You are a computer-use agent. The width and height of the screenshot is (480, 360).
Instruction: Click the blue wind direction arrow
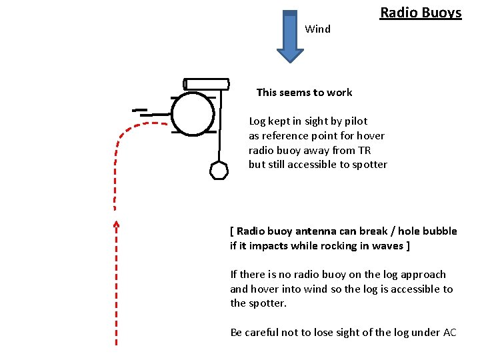(x=290, y=37)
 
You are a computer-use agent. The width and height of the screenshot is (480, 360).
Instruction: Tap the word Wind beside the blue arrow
(x=317, y=29)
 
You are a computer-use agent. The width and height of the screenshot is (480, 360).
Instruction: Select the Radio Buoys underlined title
(x=421, y=13)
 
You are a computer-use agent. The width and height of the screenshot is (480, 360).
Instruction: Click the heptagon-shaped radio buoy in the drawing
(x=219, y=171)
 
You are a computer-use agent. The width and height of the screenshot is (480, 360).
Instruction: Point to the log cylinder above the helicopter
(x=206, y=83)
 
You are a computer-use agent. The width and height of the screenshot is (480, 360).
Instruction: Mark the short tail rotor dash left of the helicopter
(x=140, y=109)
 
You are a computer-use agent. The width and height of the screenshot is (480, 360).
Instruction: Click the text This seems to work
(x=304, y=93)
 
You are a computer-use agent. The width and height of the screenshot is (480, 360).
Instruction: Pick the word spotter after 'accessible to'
(x=368, y=165)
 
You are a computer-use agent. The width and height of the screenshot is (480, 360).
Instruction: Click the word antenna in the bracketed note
(x=313, y=231)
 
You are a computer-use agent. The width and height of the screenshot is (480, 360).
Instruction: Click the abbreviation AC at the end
(x=450, y=333)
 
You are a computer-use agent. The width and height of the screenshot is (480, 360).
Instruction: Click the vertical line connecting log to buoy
(x=219, y=127)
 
